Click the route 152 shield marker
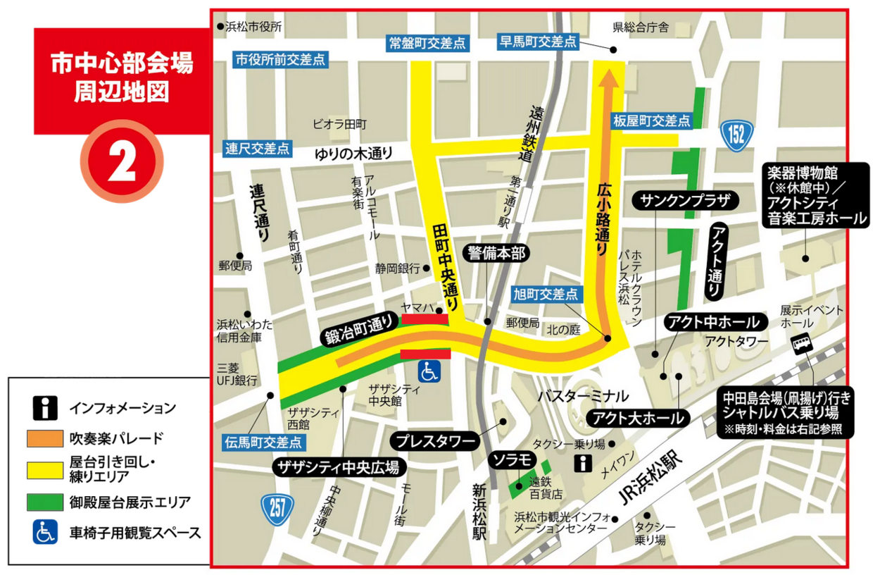(x=737, y=134)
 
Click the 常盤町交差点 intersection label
(x=428, y=43)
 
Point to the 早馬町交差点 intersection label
(x=538, y=42)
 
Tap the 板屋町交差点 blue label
(x=652, y=120)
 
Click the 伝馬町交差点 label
(x=263, y=443)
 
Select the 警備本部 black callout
(x=497, y=252)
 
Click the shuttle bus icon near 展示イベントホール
(x=801, y=345)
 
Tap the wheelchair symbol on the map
(x=430, y=369)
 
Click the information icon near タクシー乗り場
(x=584, y=463)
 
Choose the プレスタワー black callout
(x=436, y=442)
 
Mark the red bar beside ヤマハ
(x=425, y=319)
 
